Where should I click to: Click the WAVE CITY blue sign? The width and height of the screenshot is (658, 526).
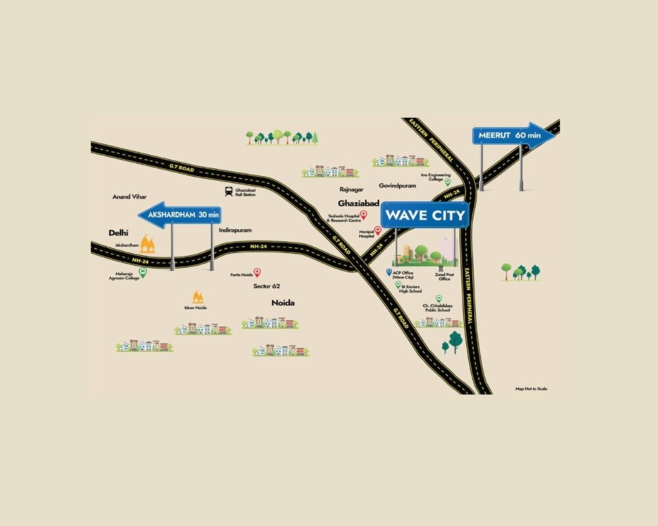point(425,215)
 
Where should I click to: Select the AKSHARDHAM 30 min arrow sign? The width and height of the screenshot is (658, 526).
point(180,215)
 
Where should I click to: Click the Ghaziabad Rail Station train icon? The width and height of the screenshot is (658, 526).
point(228,191)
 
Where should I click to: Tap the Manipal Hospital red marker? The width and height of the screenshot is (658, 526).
point(378,231)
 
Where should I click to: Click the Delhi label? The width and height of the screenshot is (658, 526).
point(118,233)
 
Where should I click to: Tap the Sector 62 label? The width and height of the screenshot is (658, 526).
point(266,286)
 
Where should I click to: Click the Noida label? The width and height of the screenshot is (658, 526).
point(283,303)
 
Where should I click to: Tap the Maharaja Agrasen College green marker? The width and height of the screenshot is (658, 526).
point(143,271)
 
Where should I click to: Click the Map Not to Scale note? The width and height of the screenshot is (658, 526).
point(531,389)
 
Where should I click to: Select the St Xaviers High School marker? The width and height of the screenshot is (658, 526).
point(398,284)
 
